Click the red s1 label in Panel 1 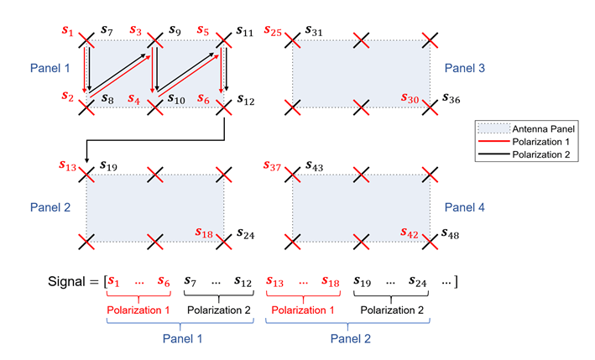69,31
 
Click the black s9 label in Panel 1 175,31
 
